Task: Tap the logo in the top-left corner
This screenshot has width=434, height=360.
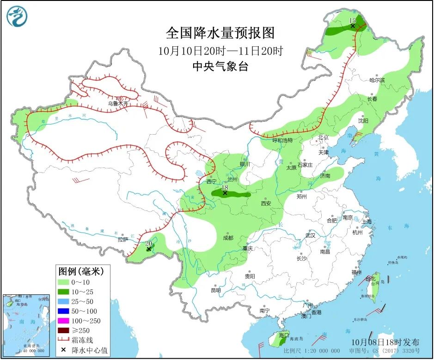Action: pos(17,17)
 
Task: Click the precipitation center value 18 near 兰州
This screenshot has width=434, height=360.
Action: pos(225,188)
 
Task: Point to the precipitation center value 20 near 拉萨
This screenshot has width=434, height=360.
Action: pos(149,244)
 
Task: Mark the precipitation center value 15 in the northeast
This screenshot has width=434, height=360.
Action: pos(353,20)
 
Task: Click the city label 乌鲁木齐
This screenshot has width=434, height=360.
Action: pos(118,104)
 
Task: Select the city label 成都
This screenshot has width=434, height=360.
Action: pos(228,238)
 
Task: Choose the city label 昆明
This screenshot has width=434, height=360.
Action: pos(215,291)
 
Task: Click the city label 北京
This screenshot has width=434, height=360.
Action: pos(323,137)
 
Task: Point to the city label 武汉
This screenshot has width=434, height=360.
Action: pos(310,236)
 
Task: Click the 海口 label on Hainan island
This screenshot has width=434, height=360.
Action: pos(283,335)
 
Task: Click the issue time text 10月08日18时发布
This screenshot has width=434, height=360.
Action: pos(385,342)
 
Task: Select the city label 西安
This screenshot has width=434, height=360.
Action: pos(266,203)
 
